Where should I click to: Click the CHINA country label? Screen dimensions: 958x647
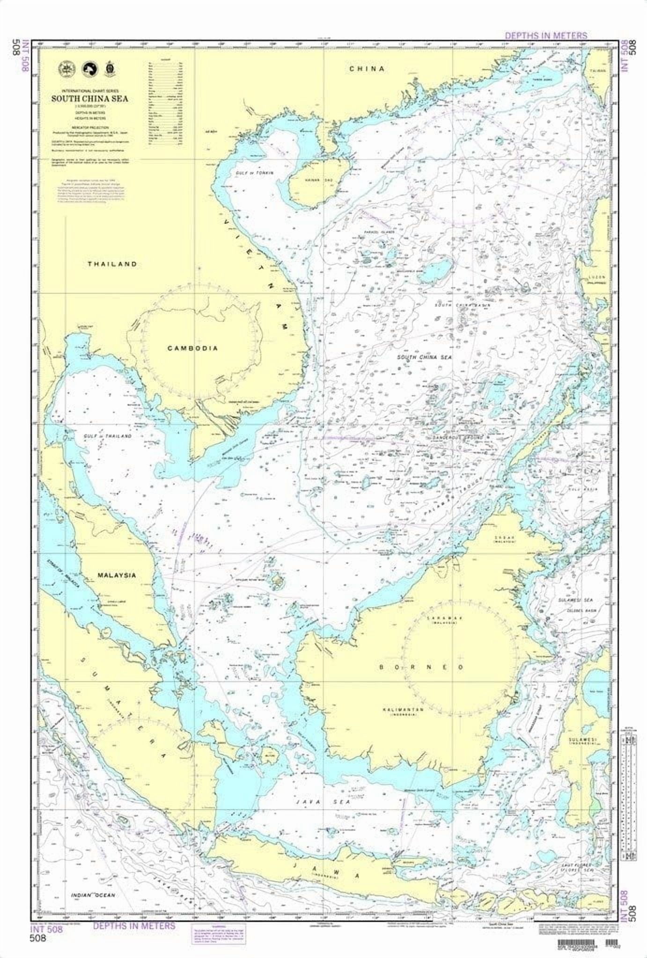(x=367, y=69)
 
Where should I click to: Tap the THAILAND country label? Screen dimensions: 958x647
(x=112, y=264)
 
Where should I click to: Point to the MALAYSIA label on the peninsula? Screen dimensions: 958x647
(x=117, y=575)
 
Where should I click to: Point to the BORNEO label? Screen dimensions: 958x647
(x=421, y=667)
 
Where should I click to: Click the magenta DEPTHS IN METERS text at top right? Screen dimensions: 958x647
(x=546, y=36)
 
